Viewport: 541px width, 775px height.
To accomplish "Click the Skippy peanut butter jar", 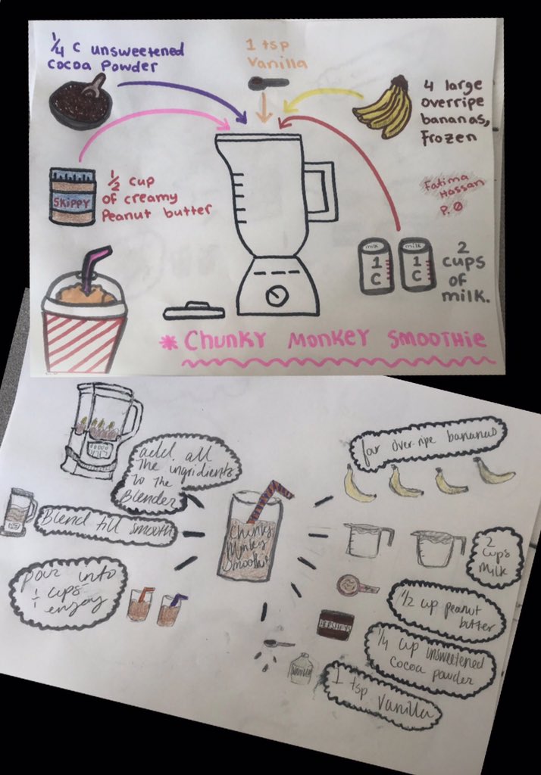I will [x=72, y=196].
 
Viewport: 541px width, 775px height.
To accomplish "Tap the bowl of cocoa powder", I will [x=80, y=101].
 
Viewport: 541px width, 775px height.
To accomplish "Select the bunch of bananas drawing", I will [x=385, y=107].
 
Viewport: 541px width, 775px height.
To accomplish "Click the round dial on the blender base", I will [x=276, y=294].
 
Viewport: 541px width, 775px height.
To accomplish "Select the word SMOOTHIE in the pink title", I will [x=436, y=340].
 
